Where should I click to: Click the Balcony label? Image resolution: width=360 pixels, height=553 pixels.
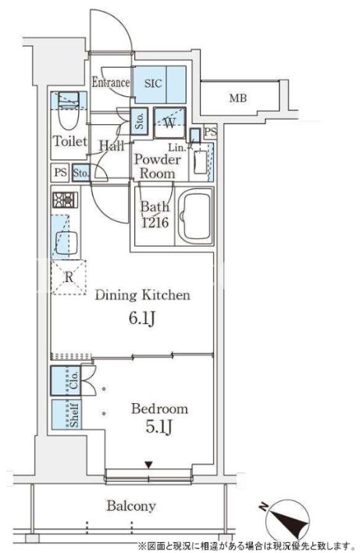tap(131, 506)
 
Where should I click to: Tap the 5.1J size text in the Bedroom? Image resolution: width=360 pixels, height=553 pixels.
tap(159, 427)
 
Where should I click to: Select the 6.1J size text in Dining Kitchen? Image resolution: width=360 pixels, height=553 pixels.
tap(142, 319)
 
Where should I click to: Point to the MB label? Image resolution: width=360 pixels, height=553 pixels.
tap(238, 98)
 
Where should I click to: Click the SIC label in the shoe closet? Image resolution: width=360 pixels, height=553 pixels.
tap(153, 84)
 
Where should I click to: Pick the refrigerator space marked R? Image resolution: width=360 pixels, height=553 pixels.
tap(69, 277)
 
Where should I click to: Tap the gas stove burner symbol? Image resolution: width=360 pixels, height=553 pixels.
tap(66, 200)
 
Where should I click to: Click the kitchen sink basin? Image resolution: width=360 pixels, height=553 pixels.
tap(66, 243)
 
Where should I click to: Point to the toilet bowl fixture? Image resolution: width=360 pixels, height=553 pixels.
tap(69, 112)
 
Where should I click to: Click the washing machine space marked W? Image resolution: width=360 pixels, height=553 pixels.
tap(169, 123)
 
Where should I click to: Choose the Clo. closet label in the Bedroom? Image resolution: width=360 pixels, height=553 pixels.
tap(73, 380)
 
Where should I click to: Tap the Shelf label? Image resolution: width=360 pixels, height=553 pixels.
tap(74, 415)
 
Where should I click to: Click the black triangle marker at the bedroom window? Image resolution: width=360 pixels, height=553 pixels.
tap(149, 466)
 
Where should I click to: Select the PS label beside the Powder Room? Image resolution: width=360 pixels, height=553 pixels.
tap(211, 132)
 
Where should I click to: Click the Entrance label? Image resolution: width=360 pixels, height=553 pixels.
tap(111, 83)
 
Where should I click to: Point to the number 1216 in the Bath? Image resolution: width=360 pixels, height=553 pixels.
tap(155, 222)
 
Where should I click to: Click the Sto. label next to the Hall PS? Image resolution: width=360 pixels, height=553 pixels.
tap(80, 173)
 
